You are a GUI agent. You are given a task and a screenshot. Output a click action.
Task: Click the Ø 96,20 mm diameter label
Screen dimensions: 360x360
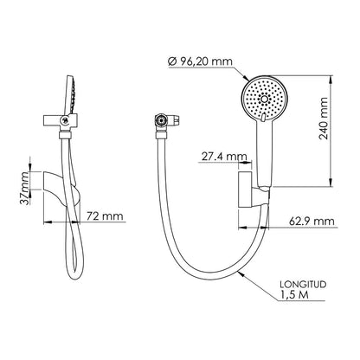(200, 61)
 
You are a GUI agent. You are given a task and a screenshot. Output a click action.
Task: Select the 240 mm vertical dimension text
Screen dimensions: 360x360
(324, 119)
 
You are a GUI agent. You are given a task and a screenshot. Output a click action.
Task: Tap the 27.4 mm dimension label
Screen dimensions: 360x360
(224, 157)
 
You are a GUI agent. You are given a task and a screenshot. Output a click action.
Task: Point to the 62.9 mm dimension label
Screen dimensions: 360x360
(312, 222)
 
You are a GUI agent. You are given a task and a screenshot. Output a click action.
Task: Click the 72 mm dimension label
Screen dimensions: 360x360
(105, 216)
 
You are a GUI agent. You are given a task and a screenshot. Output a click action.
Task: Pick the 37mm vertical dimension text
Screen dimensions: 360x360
(25, 188)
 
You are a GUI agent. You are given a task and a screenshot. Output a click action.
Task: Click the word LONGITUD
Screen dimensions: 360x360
(303, 284)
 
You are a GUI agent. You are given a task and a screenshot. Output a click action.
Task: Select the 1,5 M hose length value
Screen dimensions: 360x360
(294, 295)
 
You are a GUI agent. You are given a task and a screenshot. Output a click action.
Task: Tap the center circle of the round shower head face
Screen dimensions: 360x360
(264, 100)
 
